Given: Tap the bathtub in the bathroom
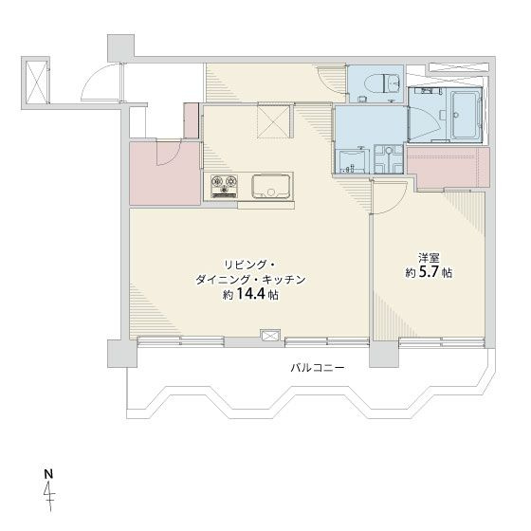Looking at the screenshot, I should [465, 115].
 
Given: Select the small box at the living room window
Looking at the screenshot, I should [269, 333].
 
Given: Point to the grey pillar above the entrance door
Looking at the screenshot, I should [120, 46].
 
